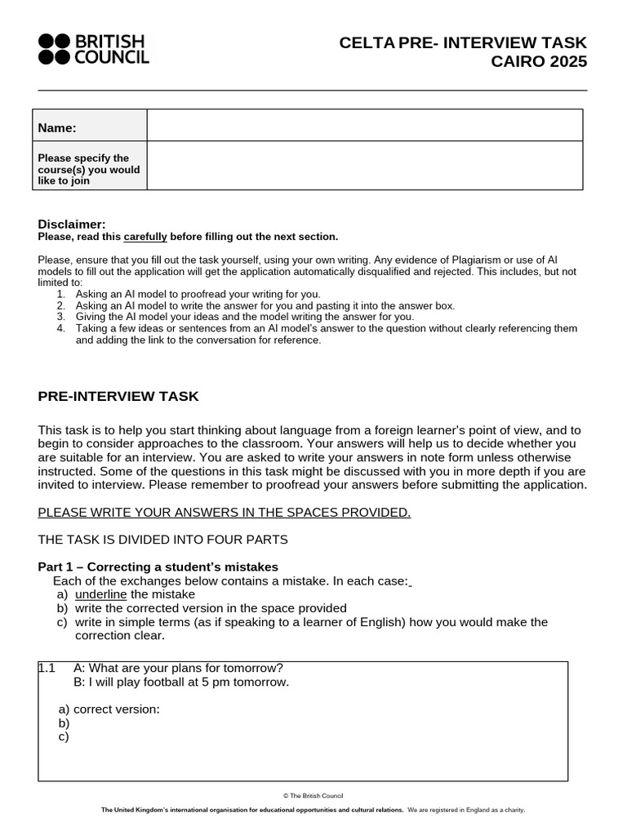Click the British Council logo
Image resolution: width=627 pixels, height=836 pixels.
(x=93, y=49)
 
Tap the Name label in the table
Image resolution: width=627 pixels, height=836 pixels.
(x=57, y=127)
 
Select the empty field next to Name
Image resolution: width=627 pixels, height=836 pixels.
(x=364, y=125)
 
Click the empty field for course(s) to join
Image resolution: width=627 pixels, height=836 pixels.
(x=364, y=166)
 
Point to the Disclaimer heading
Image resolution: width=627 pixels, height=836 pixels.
(x=72, y=225)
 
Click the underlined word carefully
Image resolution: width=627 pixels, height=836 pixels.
(x=145, y=237)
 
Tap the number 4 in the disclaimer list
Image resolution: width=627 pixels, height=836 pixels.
(x=60, y=328)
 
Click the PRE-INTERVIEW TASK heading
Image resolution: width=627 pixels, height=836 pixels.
(x=118, y=397)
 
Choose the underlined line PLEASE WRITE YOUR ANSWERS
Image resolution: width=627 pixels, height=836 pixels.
(x=225, y=513)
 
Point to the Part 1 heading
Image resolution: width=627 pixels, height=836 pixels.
(x=158, y=567)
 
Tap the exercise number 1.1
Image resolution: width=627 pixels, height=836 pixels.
(x=47, y=668)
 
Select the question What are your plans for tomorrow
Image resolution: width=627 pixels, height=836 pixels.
(x=178, y=668)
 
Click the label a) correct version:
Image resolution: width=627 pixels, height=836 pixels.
(x=109, y=709)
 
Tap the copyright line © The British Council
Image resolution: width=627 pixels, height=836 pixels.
(x=313, y=795)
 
